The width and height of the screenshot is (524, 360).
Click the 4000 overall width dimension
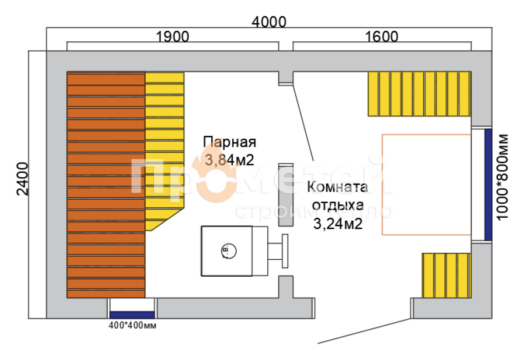click(x=269, y=22)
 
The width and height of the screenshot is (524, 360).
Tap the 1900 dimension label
click(x=172, y=37)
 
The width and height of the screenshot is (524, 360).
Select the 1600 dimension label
click(x=382, y=37)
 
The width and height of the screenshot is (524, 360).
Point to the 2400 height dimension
click(x=22, y=179)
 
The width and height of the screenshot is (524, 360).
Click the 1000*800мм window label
click(x=504, y=177)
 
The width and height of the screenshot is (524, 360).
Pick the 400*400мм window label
click(x=132, y=325)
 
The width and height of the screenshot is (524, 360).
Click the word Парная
click(x=229, y=143)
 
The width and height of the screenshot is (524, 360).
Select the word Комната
click(x=338, y=188)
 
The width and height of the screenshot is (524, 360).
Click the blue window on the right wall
click(x=488, y=184)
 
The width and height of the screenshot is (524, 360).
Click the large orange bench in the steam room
click(x=106, y=185)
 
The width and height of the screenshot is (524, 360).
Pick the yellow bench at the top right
click(x=418, y=93)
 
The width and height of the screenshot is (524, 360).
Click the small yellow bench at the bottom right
click(x=445, y=275)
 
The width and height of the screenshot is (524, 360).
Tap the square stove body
click(x=227, y=250)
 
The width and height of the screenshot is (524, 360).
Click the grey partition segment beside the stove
click(x=285, y=195)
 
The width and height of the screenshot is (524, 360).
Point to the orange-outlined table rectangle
click(x=426, y=184)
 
